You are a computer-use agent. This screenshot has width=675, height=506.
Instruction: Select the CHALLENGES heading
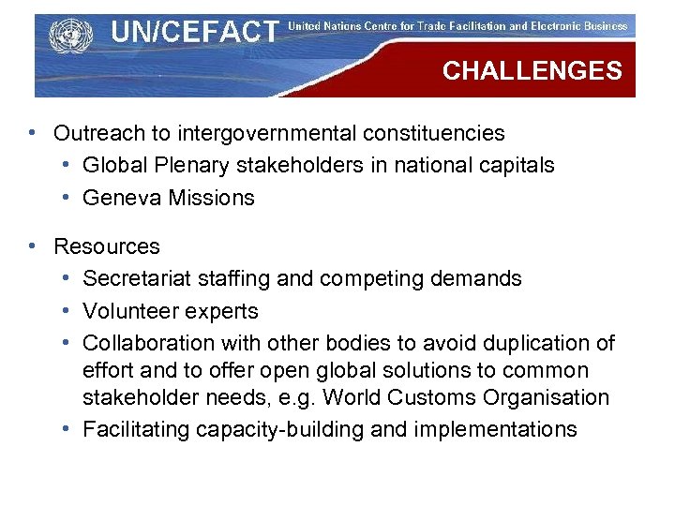(532, 71)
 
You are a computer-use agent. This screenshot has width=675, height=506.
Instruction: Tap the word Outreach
(95, 134)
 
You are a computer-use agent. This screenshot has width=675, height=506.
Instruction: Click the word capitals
(517, 166)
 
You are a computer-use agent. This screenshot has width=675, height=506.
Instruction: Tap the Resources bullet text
(107, 246)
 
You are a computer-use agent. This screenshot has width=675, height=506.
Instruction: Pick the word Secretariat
(133, 278)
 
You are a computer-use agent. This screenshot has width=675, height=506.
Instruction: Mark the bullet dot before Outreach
(33, 134)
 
